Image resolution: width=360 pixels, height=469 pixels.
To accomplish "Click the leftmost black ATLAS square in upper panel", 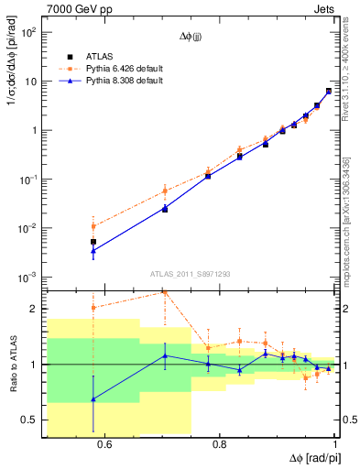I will click(93, 242).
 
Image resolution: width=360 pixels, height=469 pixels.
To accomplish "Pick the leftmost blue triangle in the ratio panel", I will click(93, 399).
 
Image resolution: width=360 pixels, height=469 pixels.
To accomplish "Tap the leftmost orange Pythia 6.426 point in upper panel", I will click(93, 226).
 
